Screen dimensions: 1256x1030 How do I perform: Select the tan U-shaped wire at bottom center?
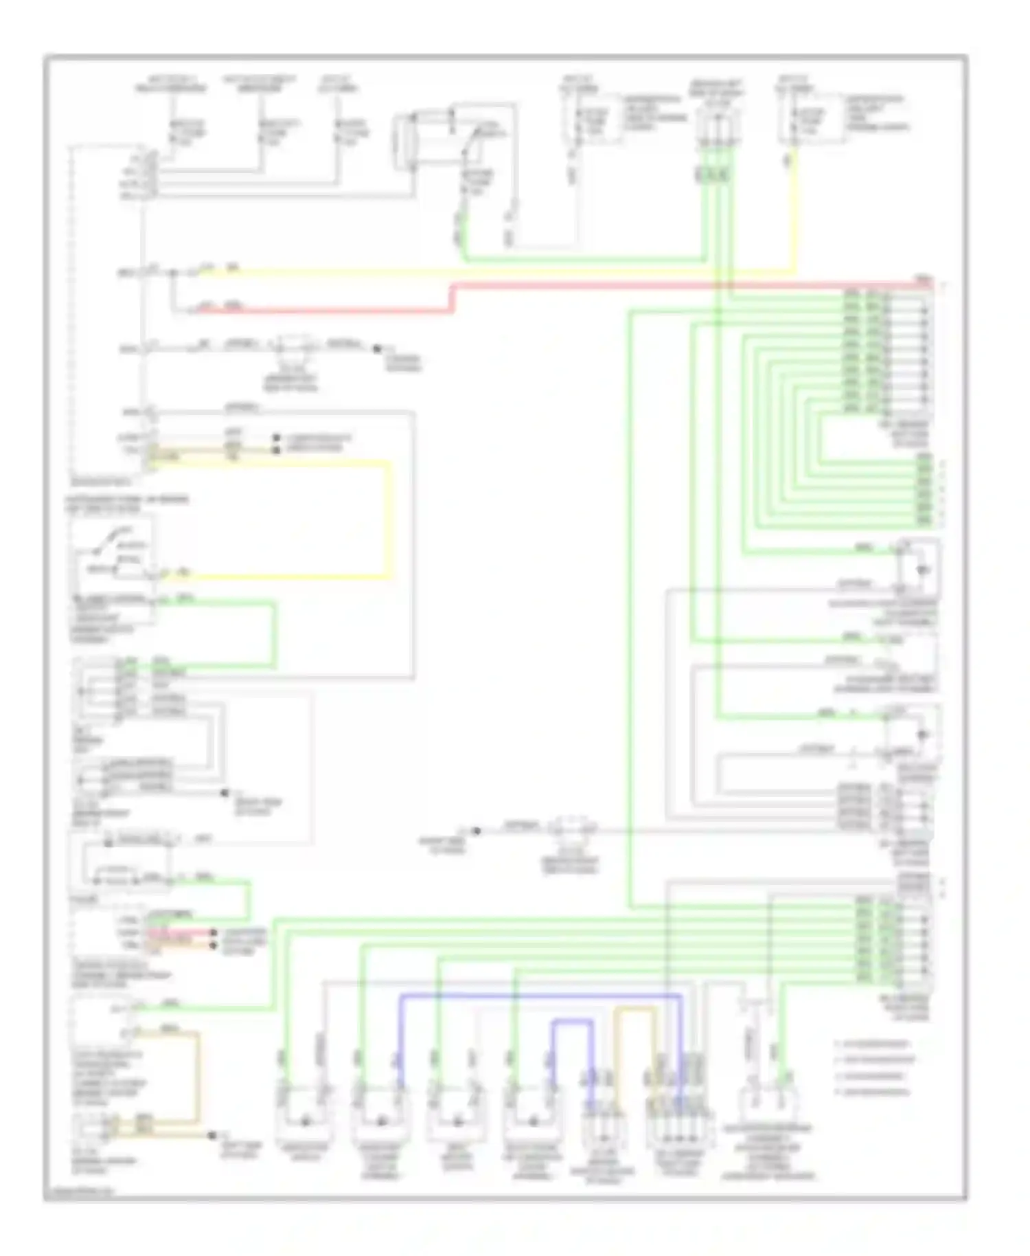(x=635, y=1010)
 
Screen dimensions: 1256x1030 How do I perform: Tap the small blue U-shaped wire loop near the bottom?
(x=572, y=1024)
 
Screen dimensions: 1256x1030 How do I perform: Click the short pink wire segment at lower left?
(x=179, y=932)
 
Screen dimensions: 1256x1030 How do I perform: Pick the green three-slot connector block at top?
(x=711, y=175)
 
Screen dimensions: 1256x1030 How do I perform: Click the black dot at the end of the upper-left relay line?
(x=376, y=349)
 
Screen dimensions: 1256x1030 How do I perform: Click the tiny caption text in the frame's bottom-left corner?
(x=78, y=1191)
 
